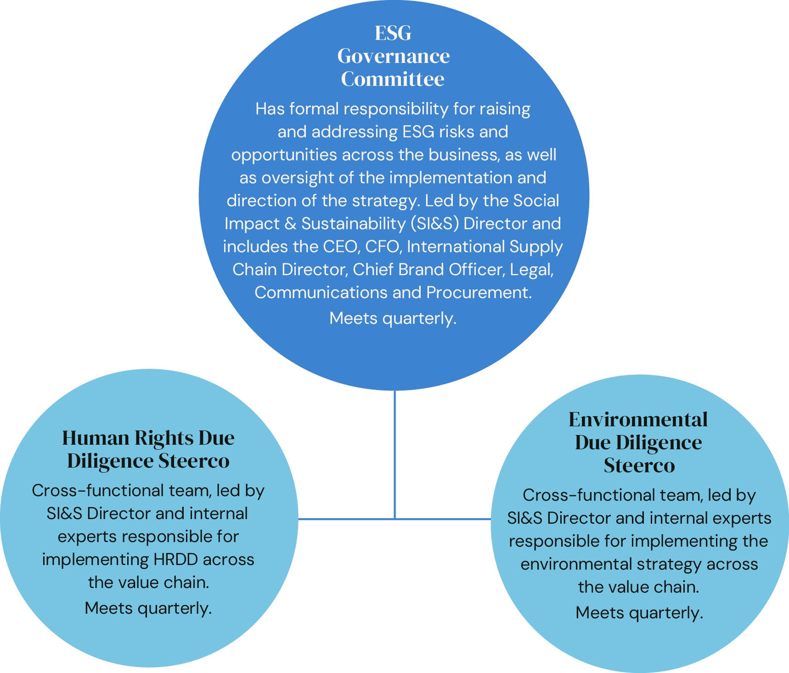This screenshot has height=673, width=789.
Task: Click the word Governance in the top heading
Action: coord(393,56)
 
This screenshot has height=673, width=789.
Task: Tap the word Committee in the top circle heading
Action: coord(392,79)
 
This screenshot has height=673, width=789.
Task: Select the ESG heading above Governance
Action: coord(393,33)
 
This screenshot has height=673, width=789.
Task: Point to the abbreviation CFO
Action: coord(383,246)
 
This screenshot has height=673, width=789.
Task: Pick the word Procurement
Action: coord(479,292)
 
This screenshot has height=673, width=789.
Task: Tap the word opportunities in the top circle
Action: coord(284,155)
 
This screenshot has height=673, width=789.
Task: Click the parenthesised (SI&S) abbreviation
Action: coord(434,224)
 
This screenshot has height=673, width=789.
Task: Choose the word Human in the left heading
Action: coord(96,438)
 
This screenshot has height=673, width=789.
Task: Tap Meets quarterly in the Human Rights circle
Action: coord(148,608)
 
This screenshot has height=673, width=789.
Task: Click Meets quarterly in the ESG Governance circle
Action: coord(392,318)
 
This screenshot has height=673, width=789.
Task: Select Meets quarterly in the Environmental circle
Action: coord(639,613)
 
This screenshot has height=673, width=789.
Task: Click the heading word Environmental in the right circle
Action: coord(638,420)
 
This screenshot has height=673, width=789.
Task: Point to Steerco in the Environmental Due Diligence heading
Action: coord(639,466)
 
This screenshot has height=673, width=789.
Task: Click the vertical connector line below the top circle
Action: coord(394,453)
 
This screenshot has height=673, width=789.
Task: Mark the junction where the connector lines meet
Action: coord(394,519)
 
